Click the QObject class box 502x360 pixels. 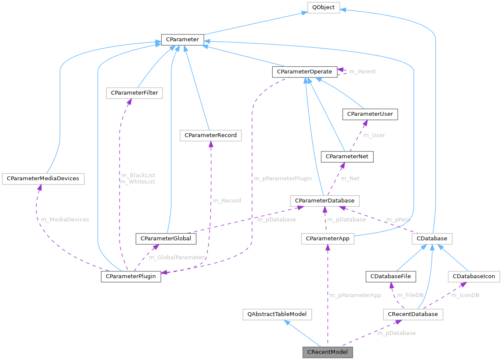point(323,7)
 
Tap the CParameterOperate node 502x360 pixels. point(304,71)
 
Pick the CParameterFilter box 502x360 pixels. point(134,93)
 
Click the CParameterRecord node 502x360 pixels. point(210,135)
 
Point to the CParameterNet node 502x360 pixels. point(347,157)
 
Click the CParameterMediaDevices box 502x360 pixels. point(43,178)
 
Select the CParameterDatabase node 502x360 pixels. point(324,200)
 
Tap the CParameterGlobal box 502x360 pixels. point(166,238)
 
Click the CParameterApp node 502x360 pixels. point(327,238)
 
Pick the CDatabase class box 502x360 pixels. point(432,238)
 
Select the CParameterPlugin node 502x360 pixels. point(131,276)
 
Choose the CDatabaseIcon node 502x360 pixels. point(474,276)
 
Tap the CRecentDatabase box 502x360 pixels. point(413,314)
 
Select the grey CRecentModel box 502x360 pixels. point(327,352)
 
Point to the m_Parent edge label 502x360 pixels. point(362,71)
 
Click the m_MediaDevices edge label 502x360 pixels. point(65,219)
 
